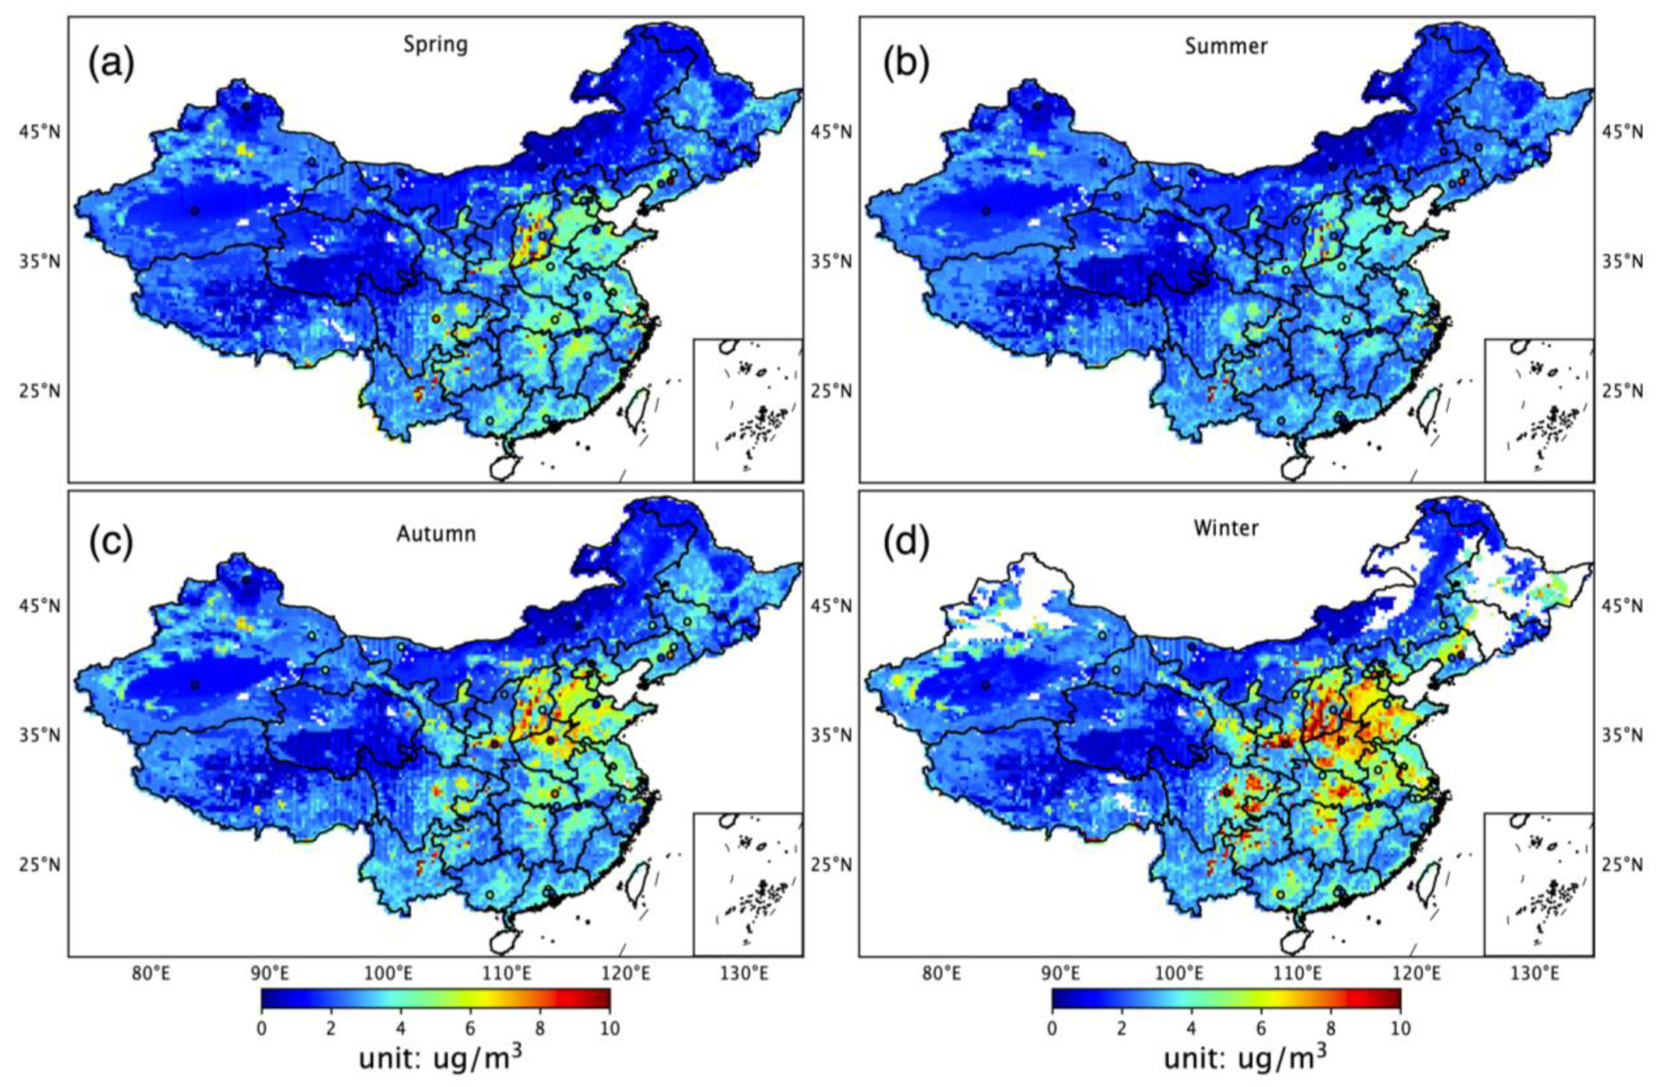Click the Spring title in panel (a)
pyautogui.click(x=436, y=45)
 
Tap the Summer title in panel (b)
pyautogui.click(x=1226, y=46)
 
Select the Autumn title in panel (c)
pyautogui.click(x=436, y=534)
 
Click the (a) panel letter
pyautogui.click(x=110, y=65)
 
